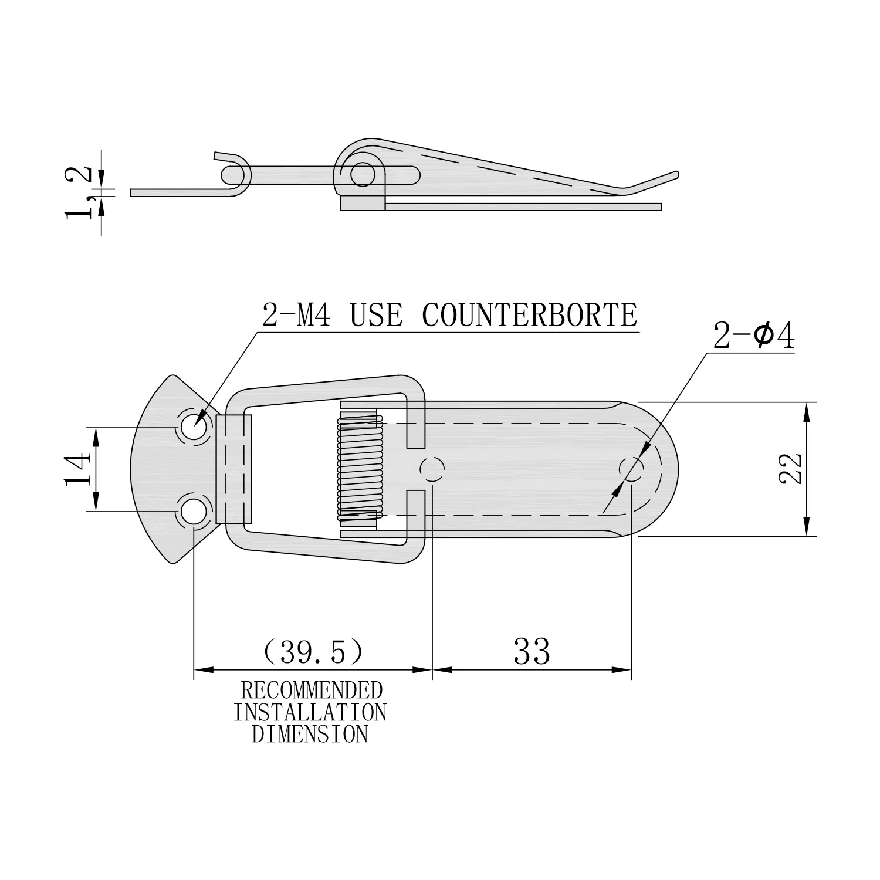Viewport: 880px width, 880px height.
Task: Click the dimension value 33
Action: pos(532,651)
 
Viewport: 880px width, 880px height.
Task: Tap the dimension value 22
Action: pos(791,468)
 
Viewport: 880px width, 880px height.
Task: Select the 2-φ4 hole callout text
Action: pos(754,337)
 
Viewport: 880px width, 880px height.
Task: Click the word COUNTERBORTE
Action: pos(529,315)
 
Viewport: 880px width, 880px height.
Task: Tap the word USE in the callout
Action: pos(377,315)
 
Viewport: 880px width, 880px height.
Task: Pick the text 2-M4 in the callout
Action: pos(297,315)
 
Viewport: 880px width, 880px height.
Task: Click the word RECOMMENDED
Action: pos(311,691)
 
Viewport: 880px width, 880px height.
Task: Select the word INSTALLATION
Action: pos(310,712)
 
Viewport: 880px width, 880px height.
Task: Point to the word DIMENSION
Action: pos(310,734)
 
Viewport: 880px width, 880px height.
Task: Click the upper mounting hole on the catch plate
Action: pos(194,427)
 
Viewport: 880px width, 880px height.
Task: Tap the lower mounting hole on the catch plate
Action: pos(194,510)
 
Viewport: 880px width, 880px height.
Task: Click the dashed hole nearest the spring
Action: pos(432,469)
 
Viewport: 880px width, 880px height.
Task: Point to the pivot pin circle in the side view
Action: pos(363,174)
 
